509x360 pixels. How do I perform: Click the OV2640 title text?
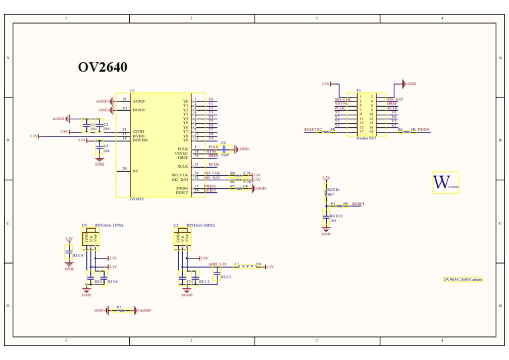click(x=103, y=68)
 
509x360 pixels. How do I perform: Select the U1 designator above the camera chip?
click(x=132, y=90)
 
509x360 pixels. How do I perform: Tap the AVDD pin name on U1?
click(x=139, y=131)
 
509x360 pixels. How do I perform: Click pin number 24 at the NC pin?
click(x=124, y=168)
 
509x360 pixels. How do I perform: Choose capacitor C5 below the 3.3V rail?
click(x=100, y=148)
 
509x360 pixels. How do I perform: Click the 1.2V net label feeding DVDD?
click(x=34, y=136)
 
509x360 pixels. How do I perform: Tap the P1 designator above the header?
click(x=359, y=90)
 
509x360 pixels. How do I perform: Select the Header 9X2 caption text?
click(x=366, y=139)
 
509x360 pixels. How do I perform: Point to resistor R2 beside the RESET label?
click(x=325, y=131)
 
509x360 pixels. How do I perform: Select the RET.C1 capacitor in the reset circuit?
click(x=326, y=217)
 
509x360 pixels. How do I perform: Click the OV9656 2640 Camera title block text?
click(x=463, y=280)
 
